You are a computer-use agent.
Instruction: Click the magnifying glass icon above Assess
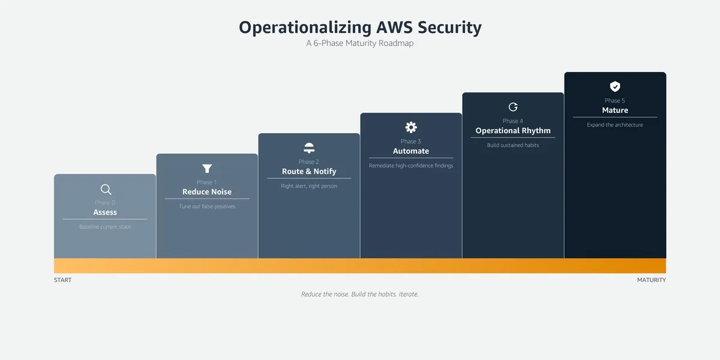coord(106,189)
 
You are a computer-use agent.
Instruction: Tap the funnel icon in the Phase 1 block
coord(207,169)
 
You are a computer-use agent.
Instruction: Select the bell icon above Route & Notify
coord(309,148)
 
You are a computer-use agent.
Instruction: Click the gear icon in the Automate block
coord(411,127)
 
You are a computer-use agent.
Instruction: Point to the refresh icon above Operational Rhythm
coord(513,107)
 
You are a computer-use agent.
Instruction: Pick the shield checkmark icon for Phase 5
coord(615,86)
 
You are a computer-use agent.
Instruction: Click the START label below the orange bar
coord(62,280)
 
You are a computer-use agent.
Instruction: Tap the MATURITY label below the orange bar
coord(652,280)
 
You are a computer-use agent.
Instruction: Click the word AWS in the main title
coord(394,28)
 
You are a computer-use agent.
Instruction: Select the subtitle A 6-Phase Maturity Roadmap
coord(359,43)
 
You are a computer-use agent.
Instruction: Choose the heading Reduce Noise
coord(207,191)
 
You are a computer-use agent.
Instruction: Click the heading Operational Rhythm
coord(513,131)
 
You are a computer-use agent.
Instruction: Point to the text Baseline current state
coord(105,227)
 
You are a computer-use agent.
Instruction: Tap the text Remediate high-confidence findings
coord(411,166)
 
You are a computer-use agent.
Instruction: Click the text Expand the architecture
coord(615,125)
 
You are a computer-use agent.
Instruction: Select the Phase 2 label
coord(308,161)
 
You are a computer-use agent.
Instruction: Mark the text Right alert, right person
coord(309,186)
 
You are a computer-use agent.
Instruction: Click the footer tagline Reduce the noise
coord(325,294)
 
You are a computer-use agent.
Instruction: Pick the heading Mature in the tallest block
coord(615,110)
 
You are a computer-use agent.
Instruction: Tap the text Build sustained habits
coord(513,145)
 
